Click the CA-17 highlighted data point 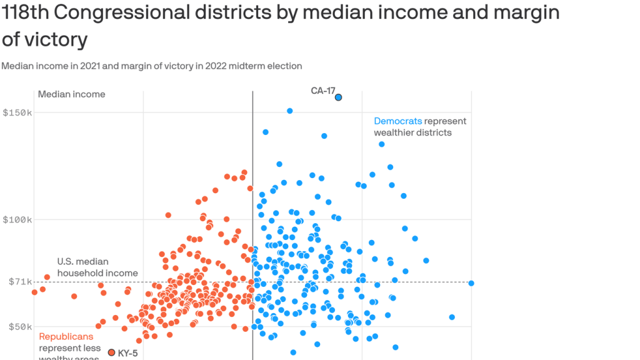[x=338, y=97]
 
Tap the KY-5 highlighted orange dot [x=112, y=352]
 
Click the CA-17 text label [x=323, y=91]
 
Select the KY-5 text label [x=127, y=353]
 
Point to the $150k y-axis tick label [x=17, y=112]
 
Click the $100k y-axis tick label [x=17, y=219]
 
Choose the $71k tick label [x=19, y=282]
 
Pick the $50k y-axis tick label [x=19, y=326]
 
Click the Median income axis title [x=72, y=94]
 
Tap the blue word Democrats [x=398, y=121]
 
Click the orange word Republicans [x=66, y=337]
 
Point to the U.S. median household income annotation [x=97, y=267]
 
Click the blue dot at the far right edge [x=471, y=283]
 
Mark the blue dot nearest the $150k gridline [x=290, y=111]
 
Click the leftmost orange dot [x=34, y=292]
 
